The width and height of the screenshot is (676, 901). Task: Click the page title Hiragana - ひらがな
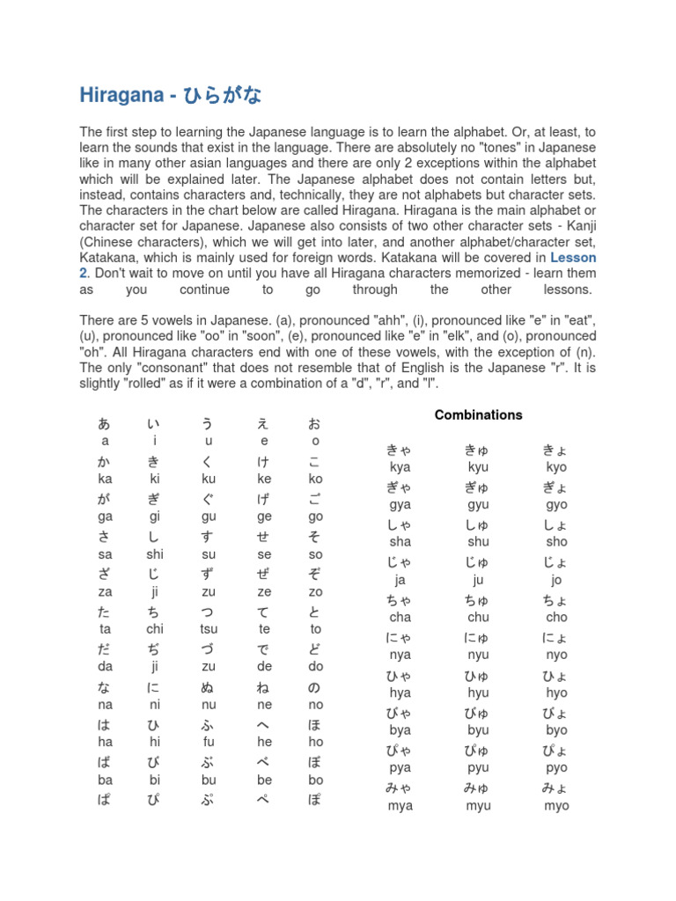[171, 95]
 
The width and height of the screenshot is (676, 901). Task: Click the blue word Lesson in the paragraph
[573, 258]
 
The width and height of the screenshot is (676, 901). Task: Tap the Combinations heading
[479, 414]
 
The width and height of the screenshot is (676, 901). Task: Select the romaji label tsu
[209, 629]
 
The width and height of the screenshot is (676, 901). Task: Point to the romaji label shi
[155, 554]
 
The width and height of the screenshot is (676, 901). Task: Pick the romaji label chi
[155, 629]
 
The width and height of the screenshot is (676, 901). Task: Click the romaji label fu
[209, 742]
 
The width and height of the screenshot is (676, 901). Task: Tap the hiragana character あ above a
[105, 424]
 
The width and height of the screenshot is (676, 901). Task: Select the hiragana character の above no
[315, 687]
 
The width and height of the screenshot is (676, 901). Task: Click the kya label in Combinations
[400, 467]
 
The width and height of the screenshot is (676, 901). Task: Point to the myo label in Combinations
[556, 805]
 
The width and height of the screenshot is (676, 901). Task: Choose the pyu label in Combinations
[478, 767]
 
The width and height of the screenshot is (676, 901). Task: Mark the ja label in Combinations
[400, 580]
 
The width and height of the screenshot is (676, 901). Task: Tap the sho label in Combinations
[556, 542]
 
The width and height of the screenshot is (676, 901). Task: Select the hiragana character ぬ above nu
[209, 687]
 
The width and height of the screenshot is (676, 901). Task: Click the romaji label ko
[315, 479]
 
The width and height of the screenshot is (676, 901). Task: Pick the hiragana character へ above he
[264, 725]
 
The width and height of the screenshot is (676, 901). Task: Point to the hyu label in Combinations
[478, 692]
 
